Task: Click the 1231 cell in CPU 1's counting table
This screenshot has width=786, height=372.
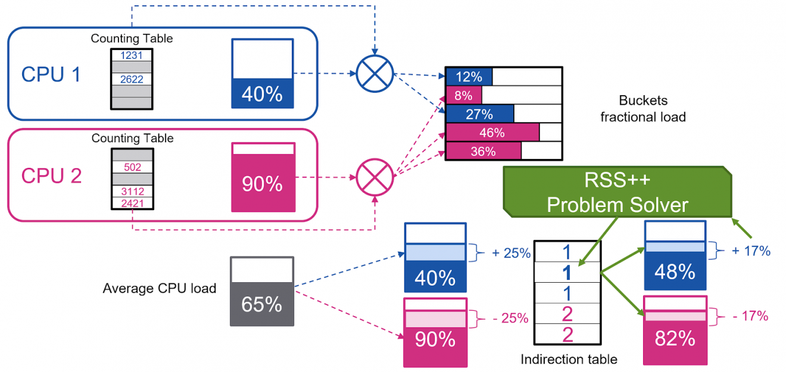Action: (132, 55)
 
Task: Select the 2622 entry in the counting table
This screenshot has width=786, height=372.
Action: (132, 79)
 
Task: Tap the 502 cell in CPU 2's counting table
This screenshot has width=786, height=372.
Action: (132, 167)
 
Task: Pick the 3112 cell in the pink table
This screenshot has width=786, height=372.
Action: (132, 191)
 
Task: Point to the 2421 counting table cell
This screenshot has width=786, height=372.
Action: (132, 203)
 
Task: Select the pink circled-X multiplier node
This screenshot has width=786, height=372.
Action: (375, 177)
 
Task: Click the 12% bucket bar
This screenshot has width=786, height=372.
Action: (469, 77)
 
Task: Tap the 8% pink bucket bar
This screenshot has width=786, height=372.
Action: (464, 95)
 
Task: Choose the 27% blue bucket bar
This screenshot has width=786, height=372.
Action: (479, 114)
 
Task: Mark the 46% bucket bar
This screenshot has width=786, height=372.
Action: (492, 132)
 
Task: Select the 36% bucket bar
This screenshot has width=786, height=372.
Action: (484, 151)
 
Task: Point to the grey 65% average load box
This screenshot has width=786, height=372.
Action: (261, 292)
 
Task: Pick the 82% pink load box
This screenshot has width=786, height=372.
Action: (675, 330)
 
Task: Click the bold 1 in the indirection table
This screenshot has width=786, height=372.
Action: (567, 272)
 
